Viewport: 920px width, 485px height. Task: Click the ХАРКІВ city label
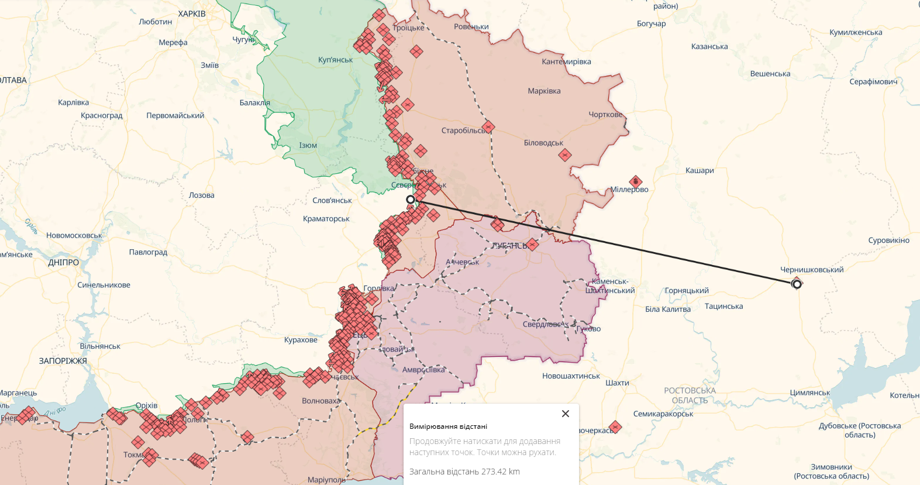192,13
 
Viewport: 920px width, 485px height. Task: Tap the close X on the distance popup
565,414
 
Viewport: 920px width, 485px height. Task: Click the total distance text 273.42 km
464,472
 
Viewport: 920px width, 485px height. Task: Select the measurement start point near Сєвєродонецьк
411,199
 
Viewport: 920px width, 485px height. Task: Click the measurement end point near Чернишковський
796,284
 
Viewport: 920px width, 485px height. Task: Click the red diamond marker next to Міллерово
636,181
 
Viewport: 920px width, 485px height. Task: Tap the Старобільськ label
463,130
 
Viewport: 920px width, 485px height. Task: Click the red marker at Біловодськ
564,155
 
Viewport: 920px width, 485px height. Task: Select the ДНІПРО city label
63,263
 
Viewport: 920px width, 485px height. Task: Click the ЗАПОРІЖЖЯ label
63,361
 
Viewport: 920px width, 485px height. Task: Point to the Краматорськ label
326,219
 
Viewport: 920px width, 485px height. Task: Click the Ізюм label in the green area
308,146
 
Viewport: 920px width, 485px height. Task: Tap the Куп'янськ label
335,60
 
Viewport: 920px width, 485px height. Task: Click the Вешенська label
770,74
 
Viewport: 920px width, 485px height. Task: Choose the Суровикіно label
888,240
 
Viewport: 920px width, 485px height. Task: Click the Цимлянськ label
809,393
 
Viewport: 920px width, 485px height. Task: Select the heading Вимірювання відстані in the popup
448,426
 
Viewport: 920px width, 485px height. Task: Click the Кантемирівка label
566,61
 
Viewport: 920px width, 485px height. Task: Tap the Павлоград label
148,252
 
